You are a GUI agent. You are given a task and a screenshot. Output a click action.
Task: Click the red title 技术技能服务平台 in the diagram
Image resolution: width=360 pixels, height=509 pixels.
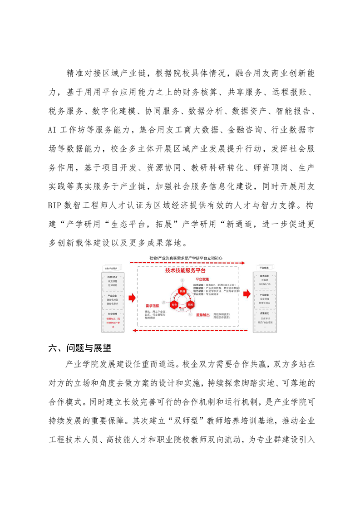coord(182,270)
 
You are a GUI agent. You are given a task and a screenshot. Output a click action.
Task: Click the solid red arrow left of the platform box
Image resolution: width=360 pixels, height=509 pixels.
coord(132,298)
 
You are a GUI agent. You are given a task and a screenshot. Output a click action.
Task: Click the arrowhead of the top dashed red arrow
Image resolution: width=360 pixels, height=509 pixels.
coord(244,262)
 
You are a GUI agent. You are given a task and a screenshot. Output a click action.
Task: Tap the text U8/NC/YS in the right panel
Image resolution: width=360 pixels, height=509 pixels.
coord(264,284)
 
